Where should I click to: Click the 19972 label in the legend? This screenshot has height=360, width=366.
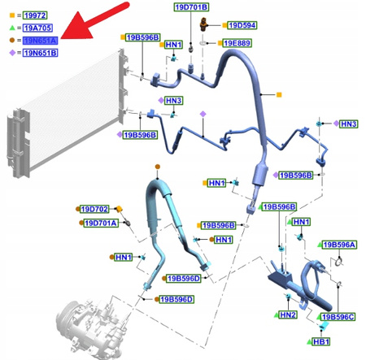pyautogui.click(x=34, y=15)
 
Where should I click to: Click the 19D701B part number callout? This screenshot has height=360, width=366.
pyautogui.click(x=190, y=7)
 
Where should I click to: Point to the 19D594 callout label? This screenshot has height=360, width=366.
pyautogui.click(x=241, y=25)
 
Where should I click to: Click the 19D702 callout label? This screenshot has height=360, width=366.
pyautogui.click(x=93, y=210)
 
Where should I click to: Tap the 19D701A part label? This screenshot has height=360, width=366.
pyautogui.click(x=102, y=223)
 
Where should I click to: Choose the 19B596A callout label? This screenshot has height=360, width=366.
pyautogui.click(x=340, y=245)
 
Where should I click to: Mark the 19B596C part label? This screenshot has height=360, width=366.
pyautogui.click(x=337, y=317)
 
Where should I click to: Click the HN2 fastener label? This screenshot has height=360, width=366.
pyautogui.click(x=287, y=315)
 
